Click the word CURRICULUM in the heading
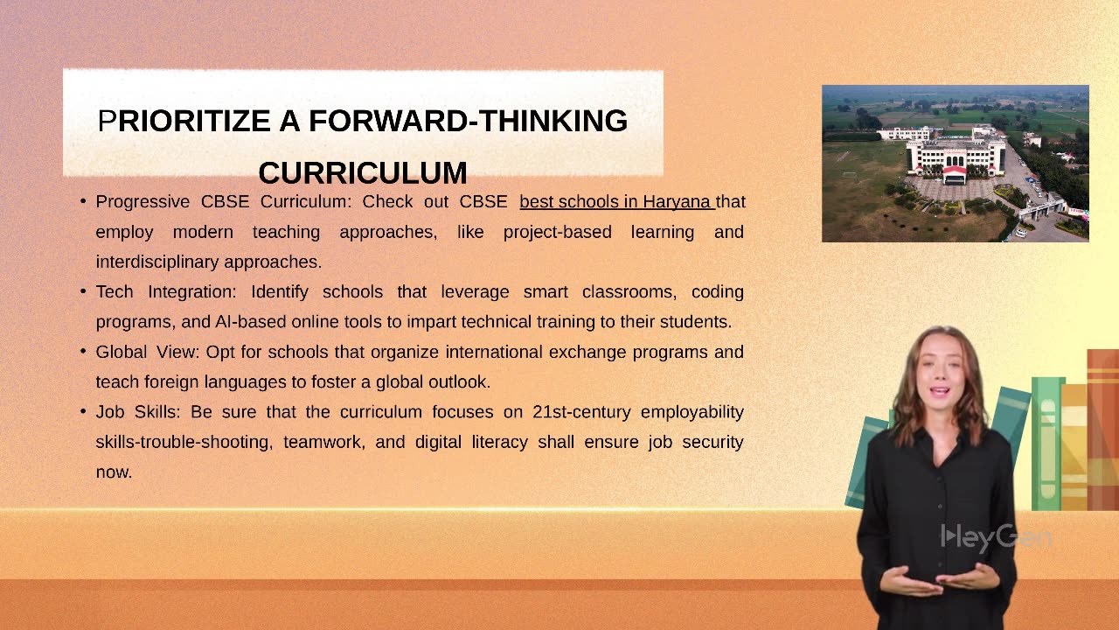(x=362, y=172)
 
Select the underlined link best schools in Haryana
(x=616, y=202)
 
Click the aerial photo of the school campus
(x=955, y=163)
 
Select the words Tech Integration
(x=166, y=291)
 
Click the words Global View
(x=148, y=352)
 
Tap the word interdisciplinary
(x=157, y=262)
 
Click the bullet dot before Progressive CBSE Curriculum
(x=83, y=202)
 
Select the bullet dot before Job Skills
(x=83, y=411)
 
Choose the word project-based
(x=559, y=232)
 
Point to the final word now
(x=114, y=472)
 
